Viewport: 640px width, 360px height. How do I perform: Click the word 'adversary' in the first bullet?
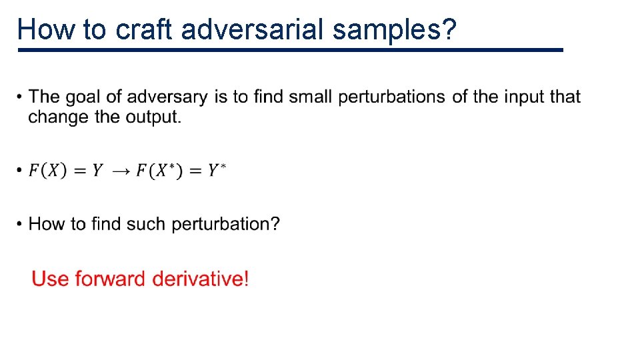tap(167, 97)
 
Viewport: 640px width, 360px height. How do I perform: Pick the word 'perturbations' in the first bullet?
tap(392, 97)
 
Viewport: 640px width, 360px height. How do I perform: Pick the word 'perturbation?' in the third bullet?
tap(225, 224)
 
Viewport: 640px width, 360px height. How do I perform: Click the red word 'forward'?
tap(111, 278)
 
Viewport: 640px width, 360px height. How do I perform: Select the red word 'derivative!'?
tap(201, 278)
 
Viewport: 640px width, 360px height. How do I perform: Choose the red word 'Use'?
tap(51, 278)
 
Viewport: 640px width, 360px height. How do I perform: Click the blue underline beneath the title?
tap(291, 50)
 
